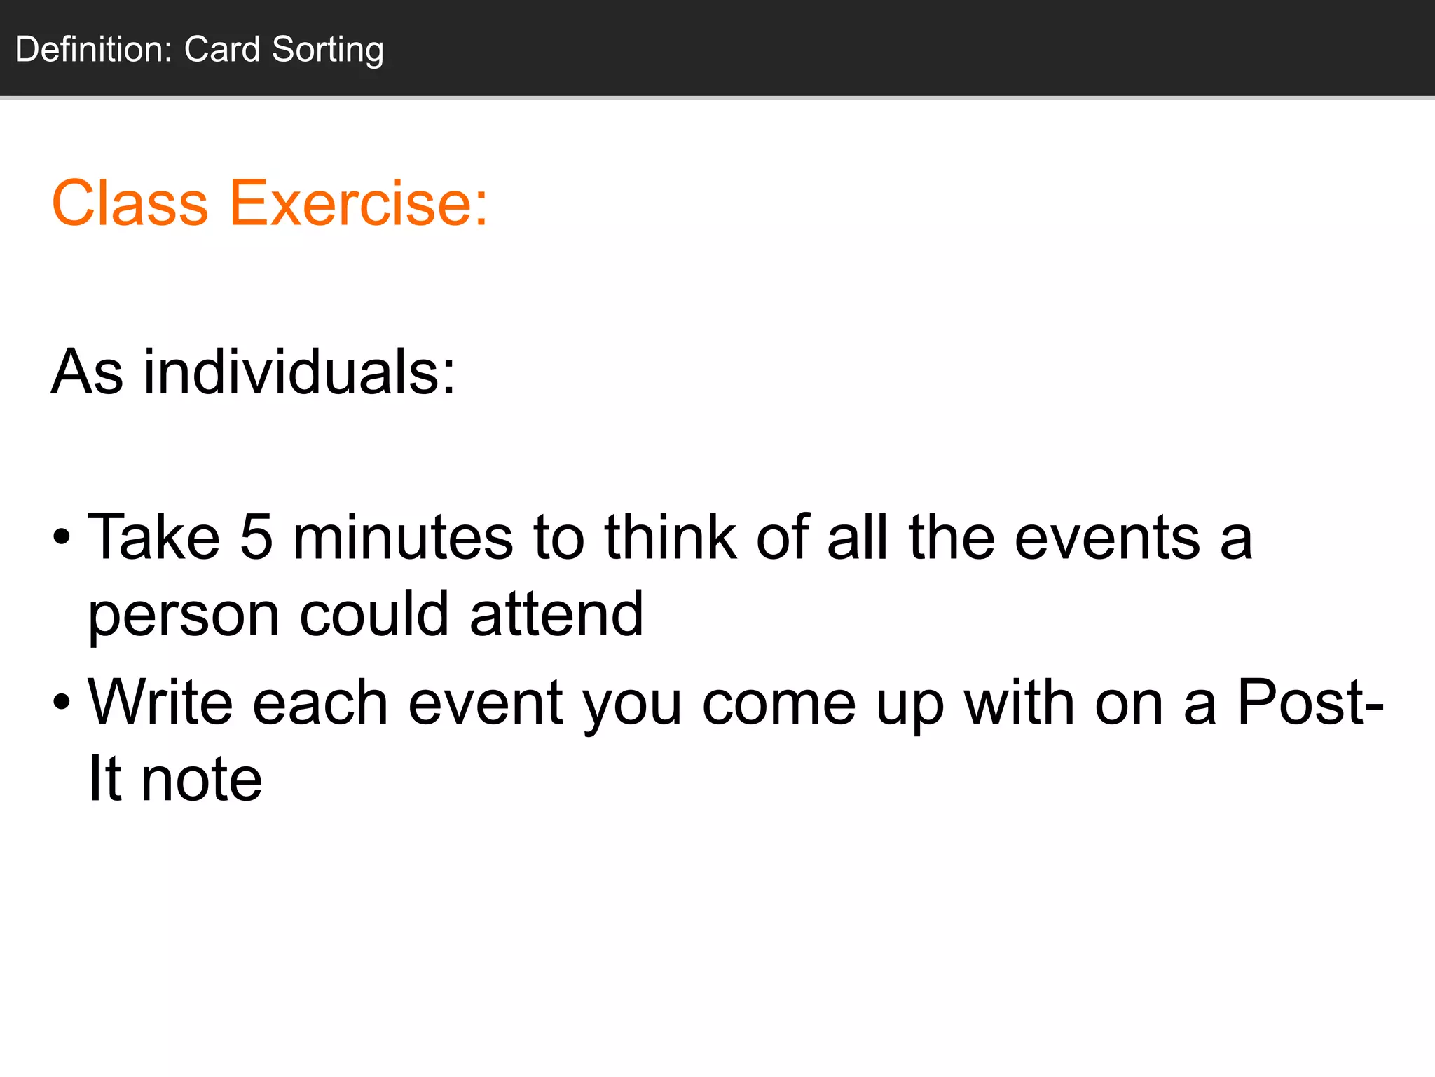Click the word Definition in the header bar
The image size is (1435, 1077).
[93, 50]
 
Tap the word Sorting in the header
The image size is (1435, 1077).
[327, 50]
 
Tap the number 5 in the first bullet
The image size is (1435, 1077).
[256, 538]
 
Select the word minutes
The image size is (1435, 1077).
[403, 538]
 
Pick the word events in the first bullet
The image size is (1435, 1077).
[1107, 538]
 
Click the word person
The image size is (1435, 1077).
[184, 616]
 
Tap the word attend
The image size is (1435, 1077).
[556, 614]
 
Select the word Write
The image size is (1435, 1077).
[160, 703]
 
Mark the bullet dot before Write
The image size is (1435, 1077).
[62, 703]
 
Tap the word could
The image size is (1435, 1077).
[374, 614]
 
